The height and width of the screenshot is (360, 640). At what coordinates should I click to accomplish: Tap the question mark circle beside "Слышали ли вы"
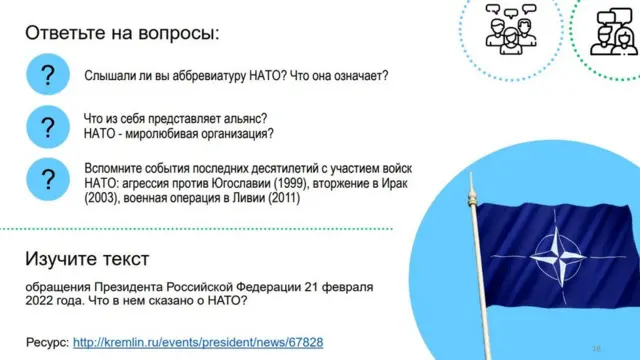tap(46, 76)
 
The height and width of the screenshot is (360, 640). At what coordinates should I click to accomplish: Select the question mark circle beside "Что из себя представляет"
tap(46, 127)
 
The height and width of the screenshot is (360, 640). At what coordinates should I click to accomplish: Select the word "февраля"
tap(349, 287)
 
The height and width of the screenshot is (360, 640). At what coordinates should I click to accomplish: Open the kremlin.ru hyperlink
tap(198, 342)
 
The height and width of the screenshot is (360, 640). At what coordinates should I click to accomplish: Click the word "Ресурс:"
tap(47, 342)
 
